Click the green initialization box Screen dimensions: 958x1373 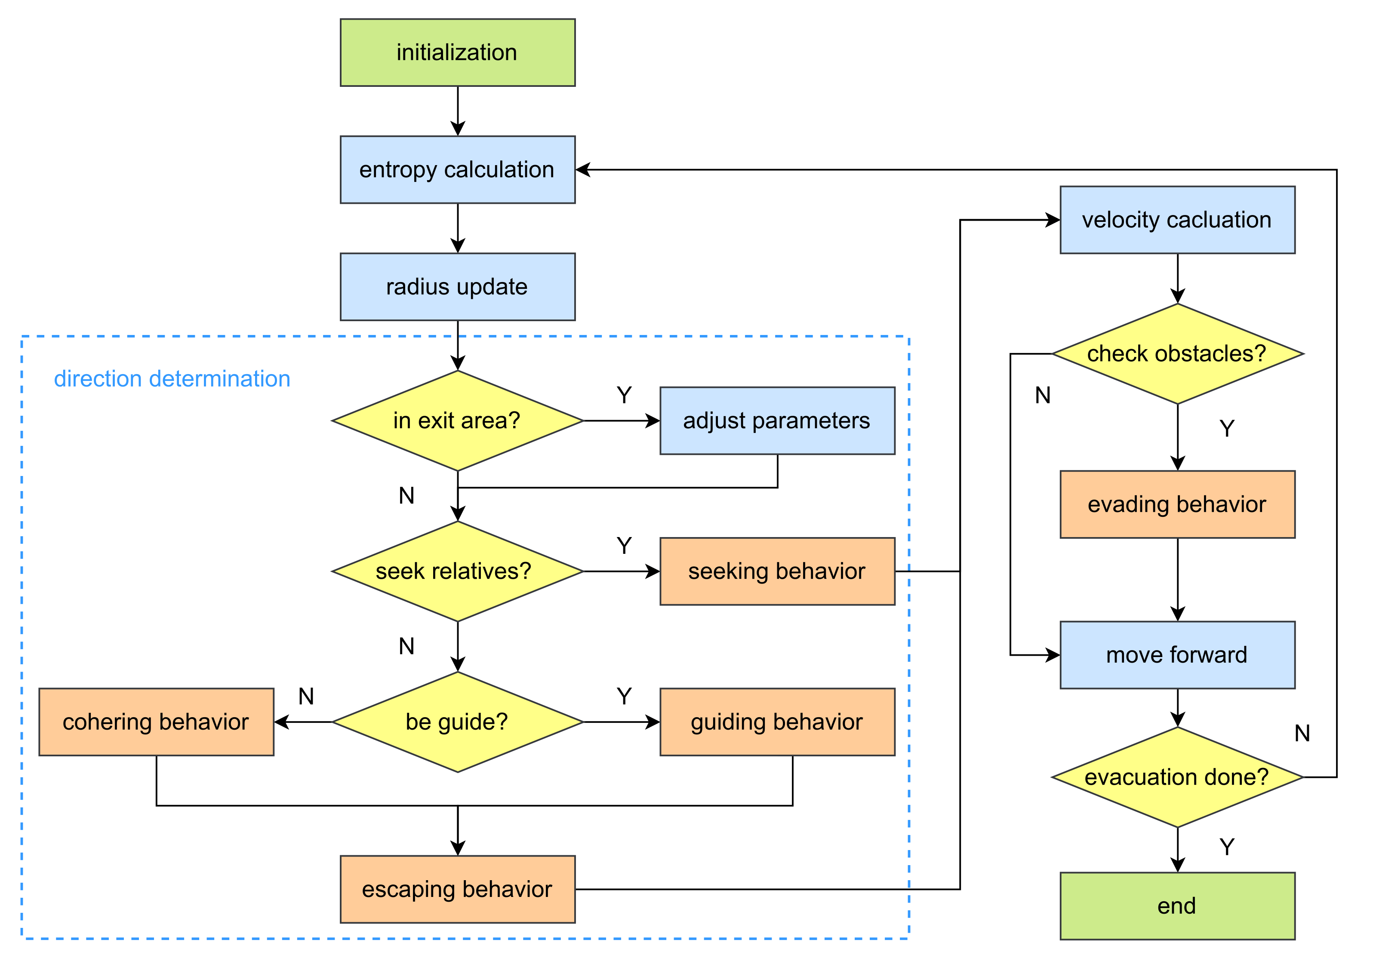[458, 52]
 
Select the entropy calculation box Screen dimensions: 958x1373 [458, 170]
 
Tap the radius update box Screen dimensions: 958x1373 [458, 287]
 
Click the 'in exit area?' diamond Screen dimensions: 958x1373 [458, 421]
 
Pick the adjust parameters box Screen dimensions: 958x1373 [777, 421]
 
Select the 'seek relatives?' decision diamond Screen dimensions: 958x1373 [458, 571]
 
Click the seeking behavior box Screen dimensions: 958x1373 [777, 571]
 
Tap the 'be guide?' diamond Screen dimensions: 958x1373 [458, 722]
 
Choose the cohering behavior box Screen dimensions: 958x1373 [156, 722]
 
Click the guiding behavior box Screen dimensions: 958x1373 [777, 722]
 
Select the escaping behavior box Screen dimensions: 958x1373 [458, 889]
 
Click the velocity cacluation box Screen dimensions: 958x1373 [1177, 220]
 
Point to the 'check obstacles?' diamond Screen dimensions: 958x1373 [1177, 354]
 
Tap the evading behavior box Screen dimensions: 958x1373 [1177, 504]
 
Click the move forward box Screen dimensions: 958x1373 [1177, 655]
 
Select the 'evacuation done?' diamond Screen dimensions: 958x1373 [1177, 777]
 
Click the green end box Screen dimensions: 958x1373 [1177, 906]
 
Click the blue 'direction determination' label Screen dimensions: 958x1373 [172, 379]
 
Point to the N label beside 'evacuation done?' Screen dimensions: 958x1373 [1302, 733]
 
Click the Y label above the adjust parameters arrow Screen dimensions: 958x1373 [624, 395]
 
